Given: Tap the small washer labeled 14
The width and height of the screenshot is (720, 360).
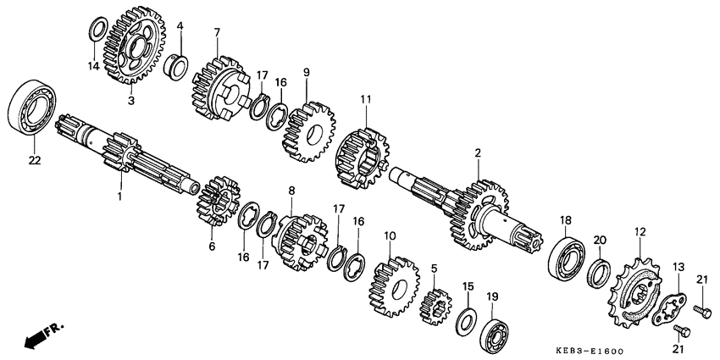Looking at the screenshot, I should click(x=97, y=30).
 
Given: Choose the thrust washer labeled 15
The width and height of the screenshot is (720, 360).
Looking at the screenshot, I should click(x=464, y=321).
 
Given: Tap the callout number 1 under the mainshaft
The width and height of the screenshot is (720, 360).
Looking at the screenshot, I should click(x=119, y=197).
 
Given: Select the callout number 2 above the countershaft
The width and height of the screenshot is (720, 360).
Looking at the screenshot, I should click(x=478, y=152).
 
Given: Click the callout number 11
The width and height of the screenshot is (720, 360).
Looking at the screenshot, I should click(x=366, y=99).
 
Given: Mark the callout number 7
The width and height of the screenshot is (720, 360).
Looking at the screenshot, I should click(x=217, y=32).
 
